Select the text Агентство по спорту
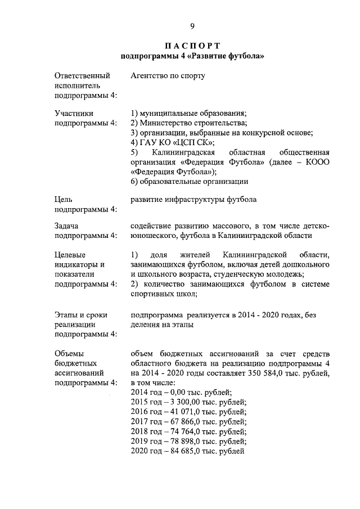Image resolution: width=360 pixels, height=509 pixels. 168,75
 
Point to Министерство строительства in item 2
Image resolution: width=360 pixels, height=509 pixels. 192,123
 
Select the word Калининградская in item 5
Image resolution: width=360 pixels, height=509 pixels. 184,153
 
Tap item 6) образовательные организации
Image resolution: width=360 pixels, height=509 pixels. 189,182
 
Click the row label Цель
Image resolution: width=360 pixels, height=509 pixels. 63,199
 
